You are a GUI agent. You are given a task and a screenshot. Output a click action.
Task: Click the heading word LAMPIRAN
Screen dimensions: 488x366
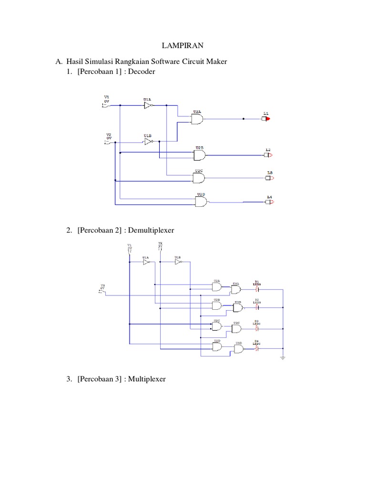click(183, 46)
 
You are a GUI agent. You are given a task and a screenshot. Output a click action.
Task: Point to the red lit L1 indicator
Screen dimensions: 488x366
click(266, 119)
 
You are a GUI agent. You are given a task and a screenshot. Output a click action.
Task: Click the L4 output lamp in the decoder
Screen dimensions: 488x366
click(269, 202)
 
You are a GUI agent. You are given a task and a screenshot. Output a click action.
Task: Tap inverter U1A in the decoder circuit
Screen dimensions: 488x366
click(148, 106)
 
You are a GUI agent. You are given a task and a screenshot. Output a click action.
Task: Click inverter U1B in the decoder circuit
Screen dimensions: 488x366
click(148, 142)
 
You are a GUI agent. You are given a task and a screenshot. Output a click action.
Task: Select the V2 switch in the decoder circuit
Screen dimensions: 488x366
click(108, 142)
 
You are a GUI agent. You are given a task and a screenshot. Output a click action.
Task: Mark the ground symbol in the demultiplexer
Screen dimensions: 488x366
click(283, 358)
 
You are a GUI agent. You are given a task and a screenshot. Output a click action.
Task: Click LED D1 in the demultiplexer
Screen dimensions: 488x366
click(257, 289)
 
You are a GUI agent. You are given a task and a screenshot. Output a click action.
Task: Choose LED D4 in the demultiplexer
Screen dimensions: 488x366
click(257, 349)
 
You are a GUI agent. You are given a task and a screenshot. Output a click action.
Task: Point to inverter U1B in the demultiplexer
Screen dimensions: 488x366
click(178, 261)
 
